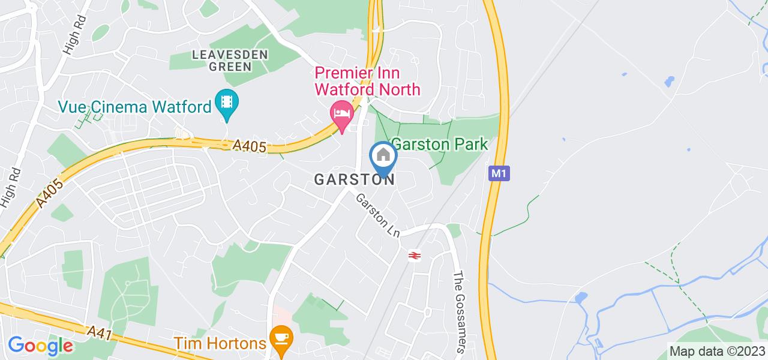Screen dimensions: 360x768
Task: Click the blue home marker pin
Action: coord(383,157)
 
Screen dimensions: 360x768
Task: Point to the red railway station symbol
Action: coord(413,256)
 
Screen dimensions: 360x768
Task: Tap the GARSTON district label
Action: coord(355,180)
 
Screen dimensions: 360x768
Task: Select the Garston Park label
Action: coord(440,144)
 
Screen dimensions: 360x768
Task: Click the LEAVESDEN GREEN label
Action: coord(221,61)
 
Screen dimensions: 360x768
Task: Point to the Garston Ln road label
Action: coord(378,217)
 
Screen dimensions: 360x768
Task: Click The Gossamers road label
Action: coord(459,312)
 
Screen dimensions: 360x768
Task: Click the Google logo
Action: coord(40,346)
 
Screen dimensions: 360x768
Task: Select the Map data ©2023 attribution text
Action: coord(717,352)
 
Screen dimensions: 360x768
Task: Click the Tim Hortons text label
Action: coord(220,343)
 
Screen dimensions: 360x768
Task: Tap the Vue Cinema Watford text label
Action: coord(135,107)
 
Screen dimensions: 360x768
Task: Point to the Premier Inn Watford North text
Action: coord(368,82)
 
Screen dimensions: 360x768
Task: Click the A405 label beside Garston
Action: coord(248,146)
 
